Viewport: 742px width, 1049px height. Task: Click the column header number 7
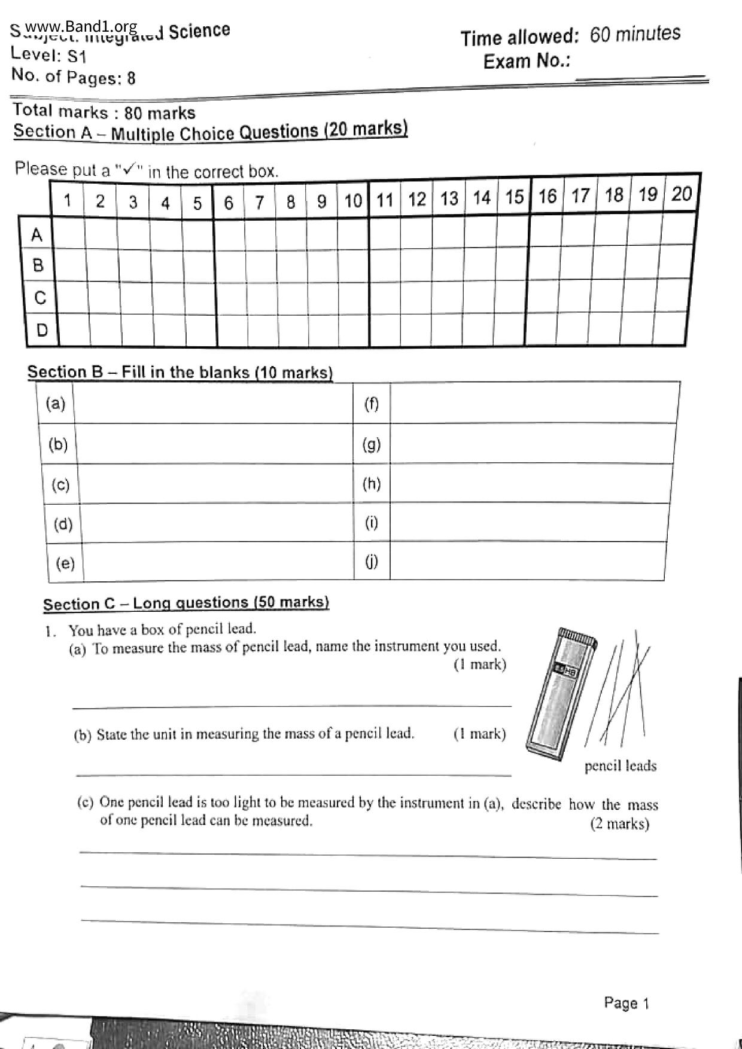click(260, 202)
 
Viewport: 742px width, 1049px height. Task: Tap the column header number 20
click(681, 194)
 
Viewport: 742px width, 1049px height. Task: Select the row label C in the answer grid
click(40, 297)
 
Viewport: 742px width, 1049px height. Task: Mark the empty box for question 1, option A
click(68, 234)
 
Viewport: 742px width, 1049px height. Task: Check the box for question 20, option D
click(669, 327)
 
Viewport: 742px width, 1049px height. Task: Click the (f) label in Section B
click(372, 404)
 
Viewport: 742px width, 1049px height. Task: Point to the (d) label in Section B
click(63, 524)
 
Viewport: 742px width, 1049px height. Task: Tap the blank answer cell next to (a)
click(213, 404)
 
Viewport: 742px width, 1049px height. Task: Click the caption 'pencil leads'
click(620, 766)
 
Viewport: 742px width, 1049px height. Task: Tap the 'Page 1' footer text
click(626, 1003)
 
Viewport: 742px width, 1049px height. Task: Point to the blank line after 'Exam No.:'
click(640, 77)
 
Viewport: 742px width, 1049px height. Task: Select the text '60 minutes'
click(635, 34)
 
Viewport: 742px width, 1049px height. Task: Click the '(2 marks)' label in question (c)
click(619, 824)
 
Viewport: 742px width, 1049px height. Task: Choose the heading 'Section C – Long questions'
click(185, 603)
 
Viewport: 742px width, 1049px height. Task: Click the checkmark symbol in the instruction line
click(128, 169)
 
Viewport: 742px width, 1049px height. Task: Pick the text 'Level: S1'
click(50, 55)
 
